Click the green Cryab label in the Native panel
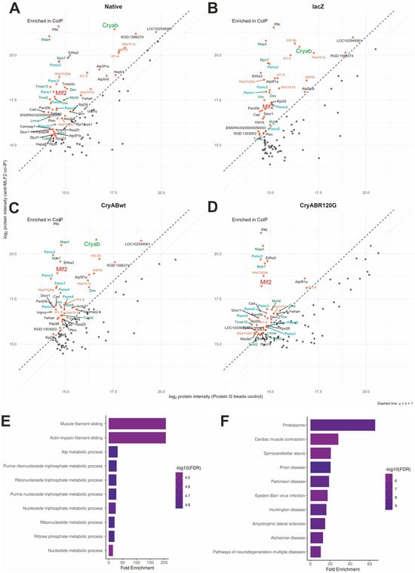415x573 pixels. tap(110, 25)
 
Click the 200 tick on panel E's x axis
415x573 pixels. tap(164, 562)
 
